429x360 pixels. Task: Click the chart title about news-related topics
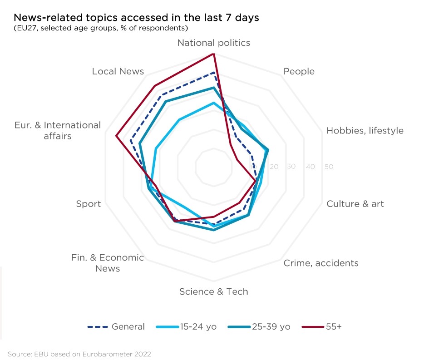pos(136,18)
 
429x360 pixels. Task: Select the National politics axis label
pos(213,43)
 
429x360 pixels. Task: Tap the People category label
pos(299,71)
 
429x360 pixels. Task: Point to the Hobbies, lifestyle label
pos(365,131)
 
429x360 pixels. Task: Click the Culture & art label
pos(355,203)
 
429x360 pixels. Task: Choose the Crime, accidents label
pos(321,263)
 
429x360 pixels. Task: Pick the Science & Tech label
pos(213,291)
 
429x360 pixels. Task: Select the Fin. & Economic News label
pos(108,263)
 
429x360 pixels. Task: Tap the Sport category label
pos(89,204)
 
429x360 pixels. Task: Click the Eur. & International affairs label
pos(58,130)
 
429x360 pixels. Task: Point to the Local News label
pos(118,71)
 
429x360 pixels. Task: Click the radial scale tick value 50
pos(329,167)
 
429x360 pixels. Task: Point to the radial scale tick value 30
pos(291,167)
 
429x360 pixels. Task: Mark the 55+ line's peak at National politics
pos(213,54)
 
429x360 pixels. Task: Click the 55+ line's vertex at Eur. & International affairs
pos(116,135)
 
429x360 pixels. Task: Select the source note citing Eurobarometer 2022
pos(79,353)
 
